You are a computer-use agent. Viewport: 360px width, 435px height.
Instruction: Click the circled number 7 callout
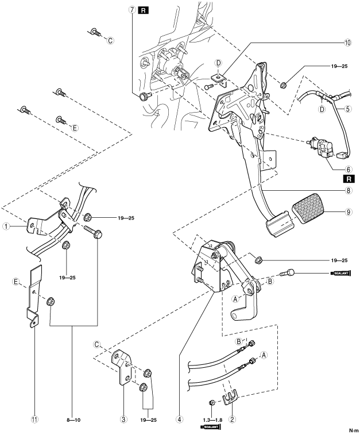(x=132, y=10)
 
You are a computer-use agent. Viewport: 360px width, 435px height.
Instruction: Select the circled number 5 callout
(x=348, y=109)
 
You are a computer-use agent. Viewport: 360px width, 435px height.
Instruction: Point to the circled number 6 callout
(x=348, y=169)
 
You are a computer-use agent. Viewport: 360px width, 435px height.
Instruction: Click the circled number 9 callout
(x=348, y=212)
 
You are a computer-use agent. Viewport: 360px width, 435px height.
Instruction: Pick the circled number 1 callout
(x=6, y=226)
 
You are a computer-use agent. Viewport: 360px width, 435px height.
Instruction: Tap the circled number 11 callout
(x=34, y=419)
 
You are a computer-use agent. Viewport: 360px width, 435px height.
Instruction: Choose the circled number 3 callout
(x=123, y=419)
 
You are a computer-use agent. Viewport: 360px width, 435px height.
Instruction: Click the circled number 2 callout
(x=232, y=419)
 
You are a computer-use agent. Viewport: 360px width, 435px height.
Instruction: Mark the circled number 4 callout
(x=179, y=419)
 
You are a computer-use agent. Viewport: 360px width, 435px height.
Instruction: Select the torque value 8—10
(x=73, y=420)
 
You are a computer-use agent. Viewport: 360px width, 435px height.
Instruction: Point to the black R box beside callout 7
(x=144, y=10)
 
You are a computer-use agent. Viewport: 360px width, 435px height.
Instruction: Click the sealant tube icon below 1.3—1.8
(x=210, y=427)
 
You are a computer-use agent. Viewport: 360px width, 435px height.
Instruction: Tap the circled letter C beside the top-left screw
(x=110, y=41)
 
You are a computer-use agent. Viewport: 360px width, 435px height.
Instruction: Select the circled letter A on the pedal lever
(x=235, y=299)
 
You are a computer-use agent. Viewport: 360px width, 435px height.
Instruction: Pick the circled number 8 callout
(x=348, y=190)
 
